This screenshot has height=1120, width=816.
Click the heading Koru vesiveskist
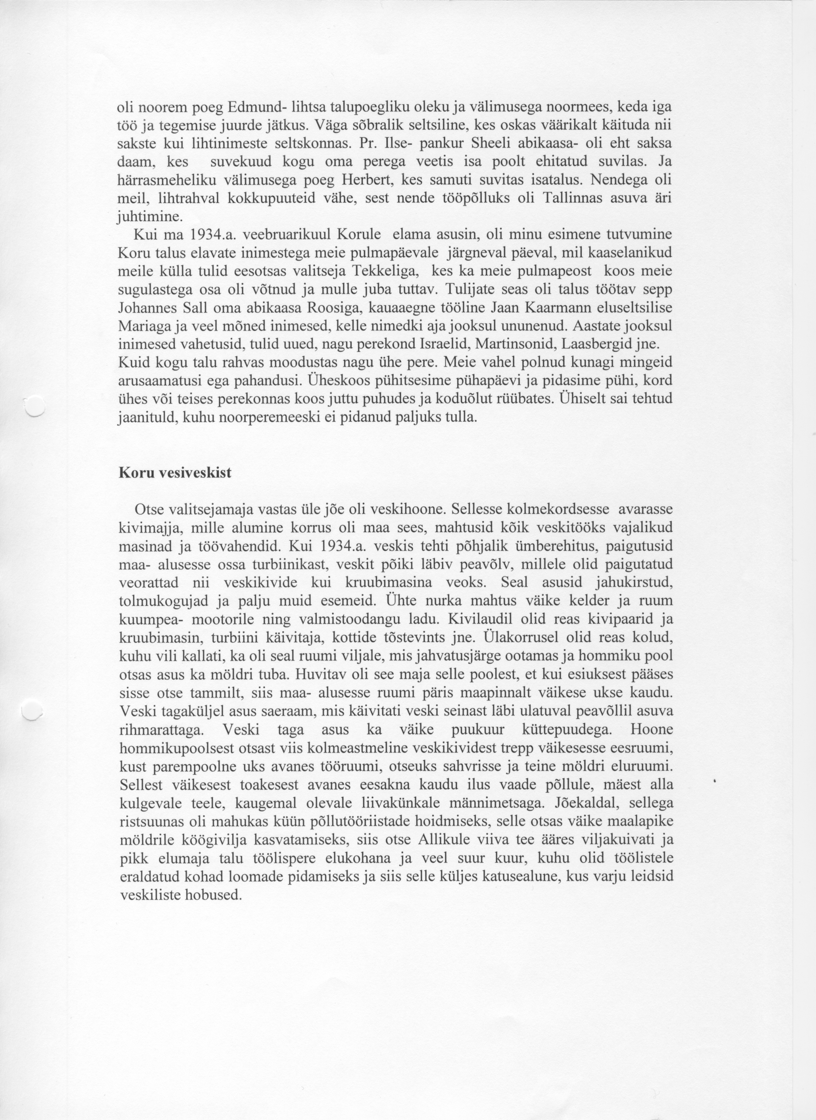[175, 473]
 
